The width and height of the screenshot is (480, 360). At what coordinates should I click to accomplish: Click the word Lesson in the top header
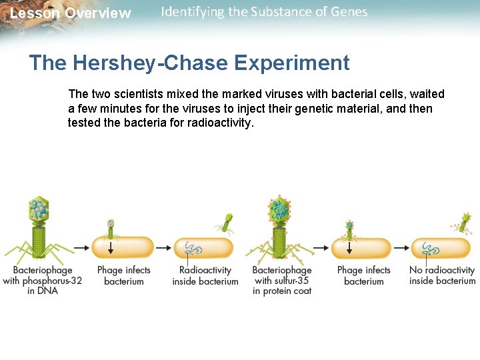point(35,13)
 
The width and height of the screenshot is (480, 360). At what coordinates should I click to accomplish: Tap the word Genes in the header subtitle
point(348,12)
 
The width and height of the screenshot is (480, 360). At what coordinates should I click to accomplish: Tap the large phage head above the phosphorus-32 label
point(39,209)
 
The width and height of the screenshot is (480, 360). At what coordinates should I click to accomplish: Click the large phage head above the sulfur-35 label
point(280,209)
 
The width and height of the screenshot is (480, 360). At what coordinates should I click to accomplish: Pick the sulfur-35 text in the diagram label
point(291,281)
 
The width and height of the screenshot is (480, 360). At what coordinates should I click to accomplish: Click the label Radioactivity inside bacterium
point(205,275)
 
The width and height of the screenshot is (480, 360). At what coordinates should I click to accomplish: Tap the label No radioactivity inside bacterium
point(441,275)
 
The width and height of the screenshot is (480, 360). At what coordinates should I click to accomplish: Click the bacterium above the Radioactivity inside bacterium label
point(203,248)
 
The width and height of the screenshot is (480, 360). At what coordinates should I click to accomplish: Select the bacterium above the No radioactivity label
point(441,248)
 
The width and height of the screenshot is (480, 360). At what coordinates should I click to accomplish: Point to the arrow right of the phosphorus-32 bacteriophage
point(81,247)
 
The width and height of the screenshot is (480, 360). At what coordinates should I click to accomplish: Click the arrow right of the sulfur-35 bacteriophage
point(321,247)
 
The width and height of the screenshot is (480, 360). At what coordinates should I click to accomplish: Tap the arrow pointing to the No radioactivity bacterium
point(401,247)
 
